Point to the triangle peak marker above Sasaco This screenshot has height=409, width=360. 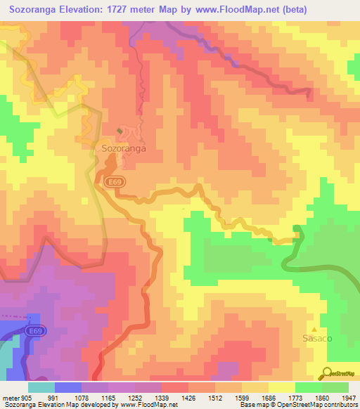tap(315, 328)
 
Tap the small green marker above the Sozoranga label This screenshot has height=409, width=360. tap(119, 131)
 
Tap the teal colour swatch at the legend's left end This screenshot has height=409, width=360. tap(41, 387)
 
